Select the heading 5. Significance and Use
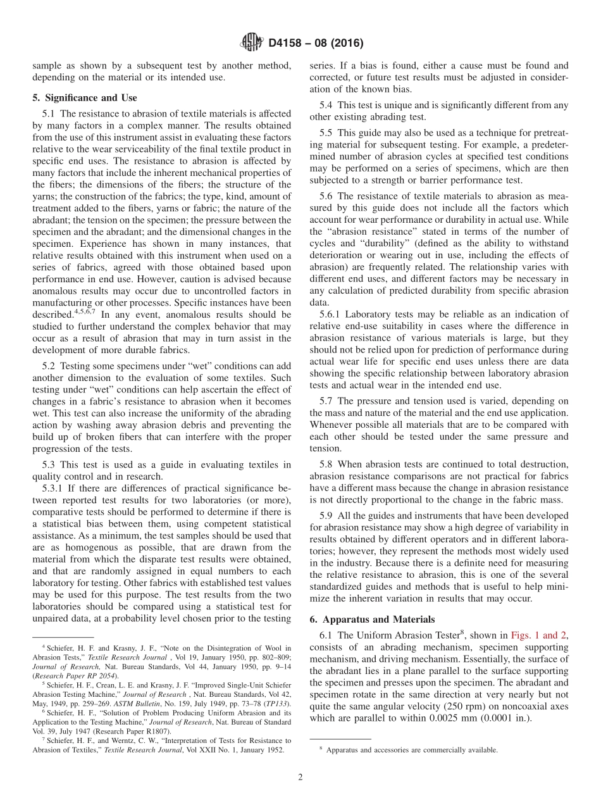(84, 97)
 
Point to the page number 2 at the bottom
(300, 777)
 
